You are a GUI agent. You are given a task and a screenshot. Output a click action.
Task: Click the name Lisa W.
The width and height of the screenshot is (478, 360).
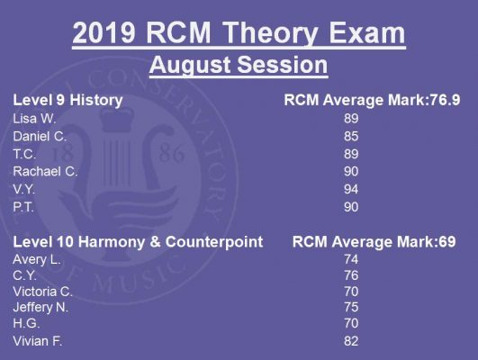pyautogui.click(x=34, y=119)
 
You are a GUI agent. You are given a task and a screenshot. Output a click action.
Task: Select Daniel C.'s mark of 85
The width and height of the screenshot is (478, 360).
pyautogui.click(x=351, y=136)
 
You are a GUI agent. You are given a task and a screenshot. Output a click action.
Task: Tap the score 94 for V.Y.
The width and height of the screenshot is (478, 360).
pyautogui.click(x=351, y=189)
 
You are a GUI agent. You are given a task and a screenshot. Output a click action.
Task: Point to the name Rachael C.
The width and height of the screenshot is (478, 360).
pyautogui.click(x=45, y=172)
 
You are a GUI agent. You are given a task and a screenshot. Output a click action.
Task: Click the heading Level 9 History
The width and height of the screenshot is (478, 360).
pyautogui.click(x=68, y=100)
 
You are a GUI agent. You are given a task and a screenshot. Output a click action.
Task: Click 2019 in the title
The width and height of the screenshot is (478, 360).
pyautogui.click(x=104, y=33)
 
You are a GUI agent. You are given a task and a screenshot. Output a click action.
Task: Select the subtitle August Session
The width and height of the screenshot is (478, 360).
pyautogui.click(x=239, y=65)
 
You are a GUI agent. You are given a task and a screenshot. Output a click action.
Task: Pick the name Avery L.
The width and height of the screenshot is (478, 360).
pyautogui.click(x=37, y=260)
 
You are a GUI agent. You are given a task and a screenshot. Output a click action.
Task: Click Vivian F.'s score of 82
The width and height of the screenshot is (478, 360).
pyautogui.click(x=351, y=341)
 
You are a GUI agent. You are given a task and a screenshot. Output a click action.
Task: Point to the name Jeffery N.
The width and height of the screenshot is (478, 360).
pyautogui.click(x=41, y=307)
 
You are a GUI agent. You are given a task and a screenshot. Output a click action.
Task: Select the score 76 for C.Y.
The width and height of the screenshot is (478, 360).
pyautogui.click(x=351, y=275)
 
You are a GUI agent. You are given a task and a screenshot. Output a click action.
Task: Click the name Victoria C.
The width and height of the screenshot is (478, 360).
pyautogui.click(x=42, y=292)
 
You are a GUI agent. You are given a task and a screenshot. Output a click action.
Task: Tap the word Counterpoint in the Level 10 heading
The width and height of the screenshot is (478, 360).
pyautogui.click(x=214, y=242)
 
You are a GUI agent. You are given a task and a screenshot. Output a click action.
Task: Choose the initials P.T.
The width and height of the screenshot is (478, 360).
pyautogui.click(x=23, y=207)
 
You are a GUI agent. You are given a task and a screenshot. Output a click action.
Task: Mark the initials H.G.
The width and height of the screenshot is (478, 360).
pyautogui.click(x=26, y=323)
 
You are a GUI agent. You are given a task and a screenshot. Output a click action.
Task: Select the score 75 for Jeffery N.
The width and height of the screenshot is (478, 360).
pyautogui.click(x=351, y=307)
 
